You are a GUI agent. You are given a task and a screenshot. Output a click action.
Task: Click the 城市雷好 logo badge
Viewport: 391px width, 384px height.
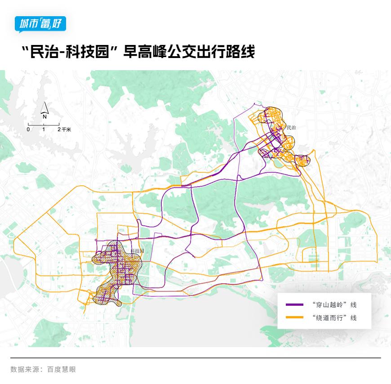point(40,24)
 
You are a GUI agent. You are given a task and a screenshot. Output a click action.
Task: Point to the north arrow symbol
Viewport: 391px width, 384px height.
point(44,107)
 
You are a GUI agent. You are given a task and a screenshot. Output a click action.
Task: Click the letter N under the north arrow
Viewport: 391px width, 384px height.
point(44,116)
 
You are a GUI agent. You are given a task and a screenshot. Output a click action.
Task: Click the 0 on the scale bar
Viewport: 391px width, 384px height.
point(28,129)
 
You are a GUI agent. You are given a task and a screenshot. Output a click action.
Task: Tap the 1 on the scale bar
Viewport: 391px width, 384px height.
point(44,129)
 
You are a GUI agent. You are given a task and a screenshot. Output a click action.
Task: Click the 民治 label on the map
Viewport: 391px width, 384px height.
point(291,128)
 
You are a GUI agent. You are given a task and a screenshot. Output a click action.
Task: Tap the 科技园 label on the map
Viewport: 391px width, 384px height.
point(137,251)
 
